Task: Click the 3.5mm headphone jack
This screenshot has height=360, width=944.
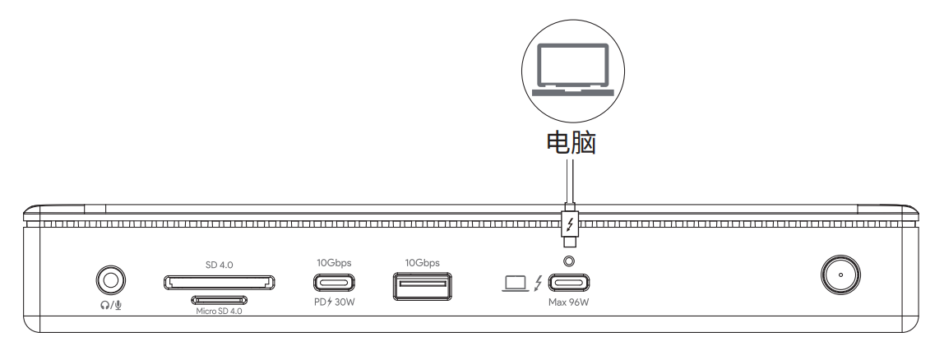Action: point(111,280)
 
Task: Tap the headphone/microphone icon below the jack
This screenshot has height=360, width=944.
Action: point(111,305)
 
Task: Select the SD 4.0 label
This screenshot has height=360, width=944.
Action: point(219,265)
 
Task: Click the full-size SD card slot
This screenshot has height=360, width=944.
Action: point(219,283)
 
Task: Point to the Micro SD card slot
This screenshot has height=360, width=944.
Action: point(219,300)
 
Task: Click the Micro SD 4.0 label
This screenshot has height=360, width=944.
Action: point(219,312)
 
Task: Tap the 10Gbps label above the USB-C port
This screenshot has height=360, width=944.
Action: point(334,263)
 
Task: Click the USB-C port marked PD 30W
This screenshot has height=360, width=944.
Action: point(334,283)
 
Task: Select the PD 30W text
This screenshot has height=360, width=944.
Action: point(334,302)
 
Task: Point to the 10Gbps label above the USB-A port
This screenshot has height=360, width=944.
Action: point(422,263)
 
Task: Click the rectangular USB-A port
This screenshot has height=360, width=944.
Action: point(422,286)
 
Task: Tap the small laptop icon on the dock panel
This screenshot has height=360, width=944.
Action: point(516,283)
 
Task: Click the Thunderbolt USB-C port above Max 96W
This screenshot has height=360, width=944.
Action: point(569,283)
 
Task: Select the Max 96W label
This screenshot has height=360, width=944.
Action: point(568,302)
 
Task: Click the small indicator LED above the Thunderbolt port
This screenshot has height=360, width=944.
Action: point(568,261)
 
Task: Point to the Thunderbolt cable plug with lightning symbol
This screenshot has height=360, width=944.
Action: point(570,226)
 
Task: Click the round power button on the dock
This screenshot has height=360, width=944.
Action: point(840,275)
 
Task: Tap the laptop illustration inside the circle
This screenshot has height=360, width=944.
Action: point(572,69)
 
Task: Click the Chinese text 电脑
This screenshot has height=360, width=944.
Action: point(571,143)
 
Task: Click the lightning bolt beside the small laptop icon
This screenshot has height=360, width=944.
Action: point(538,283)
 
